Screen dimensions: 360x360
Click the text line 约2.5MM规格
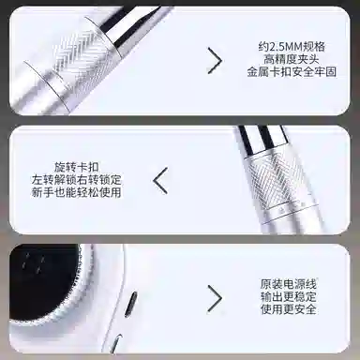coord(292,47)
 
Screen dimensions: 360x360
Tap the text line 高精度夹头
coord(292,59)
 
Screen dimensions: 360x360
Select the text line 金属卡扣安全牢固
coord(292,72)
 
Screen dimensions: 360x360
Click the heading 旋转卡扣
coord(76,167)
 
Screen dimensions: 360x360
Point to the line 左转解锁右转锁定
coord(76,180)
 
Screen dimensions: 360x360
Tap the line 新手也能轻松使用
coord(76,192)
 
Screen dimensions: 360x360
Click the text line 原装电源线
coord(289,284)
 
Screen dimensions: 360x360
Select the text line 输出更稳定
coord(289,296)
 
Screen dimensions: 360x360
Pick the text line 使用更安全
coord(289,309)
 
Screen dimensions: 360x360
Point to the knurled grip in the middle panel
coord(277,182)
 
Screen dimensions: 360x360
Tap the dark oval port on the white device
coord(130,303)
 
